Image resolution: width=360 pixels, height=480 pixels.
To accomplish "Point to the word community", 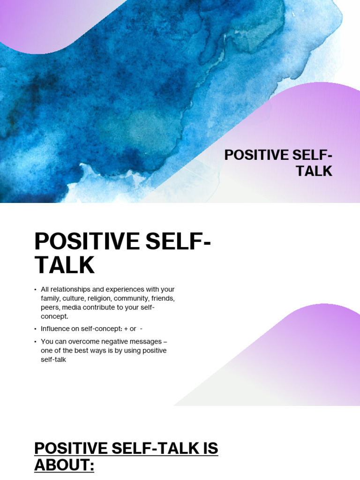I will click(x=133, y=299).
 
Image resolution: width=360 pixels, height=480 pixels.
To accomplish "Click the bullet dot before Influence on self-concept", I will click(x=36, y=329).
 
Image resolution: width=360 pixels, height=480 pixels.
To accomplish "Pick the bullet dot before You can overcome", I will click(x=36, y=342).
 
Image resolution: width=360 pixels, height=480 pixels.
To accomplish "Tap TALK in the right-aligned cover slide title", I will click(x=314, y=171).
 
